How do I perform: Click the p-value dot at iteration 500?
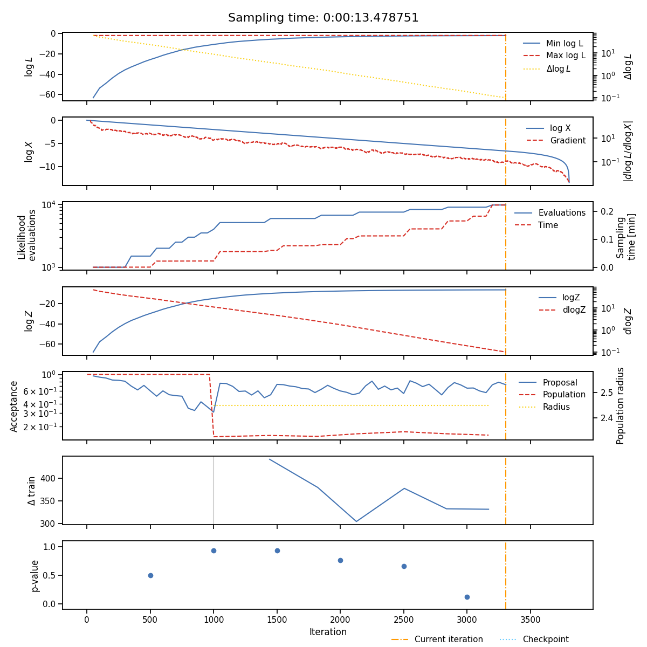pyautogui.click(x=150, y=575)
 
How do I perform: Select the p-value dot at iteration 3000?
pyautogui.click(x=467, y=597)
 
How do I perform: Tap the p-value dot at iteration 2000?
pyautogui.click(x=340, y=560)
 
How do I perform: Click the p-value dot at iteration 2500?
pyautogui.click(x=404, y=567)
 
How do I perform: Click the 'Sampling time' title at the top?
pyautogui.click(x=323, y=18)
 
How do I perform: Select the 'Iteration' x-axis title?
pyautogui.click(x=328, y=632)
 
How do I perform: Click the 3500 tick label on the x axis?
pyautogui.click(x=531, y=620)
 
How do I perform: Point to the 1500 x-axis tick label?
pyautogui.click(x=277, y=620)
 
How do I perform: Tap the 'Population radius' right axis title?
pyautogui.click(x=620, y=406)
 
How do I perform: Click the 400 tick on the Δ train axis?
pyautogui.click(x=47, y=478)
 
